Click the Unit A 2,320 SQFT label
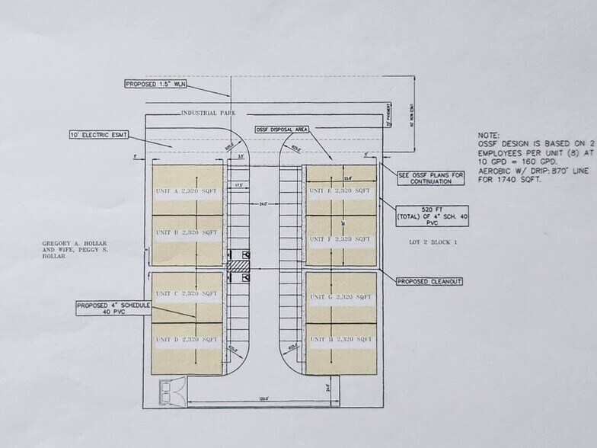coord(186,190)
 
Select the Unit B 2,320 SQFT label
coord(186,232)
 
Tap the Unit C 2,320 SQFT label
coord(186,293)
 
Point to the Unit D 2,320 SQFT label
coord(186,339)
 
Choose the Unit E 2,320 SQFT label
coord(340,190)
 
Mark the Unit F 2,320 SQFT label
coord(340,239)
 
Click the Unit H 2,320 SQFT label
coord(340,339)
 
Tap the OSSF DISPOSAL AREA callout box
coord(282,130)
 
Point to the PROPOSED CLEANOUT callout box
coord(429,281)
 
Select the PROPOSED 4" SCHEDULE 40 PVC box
coord(113,308)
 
